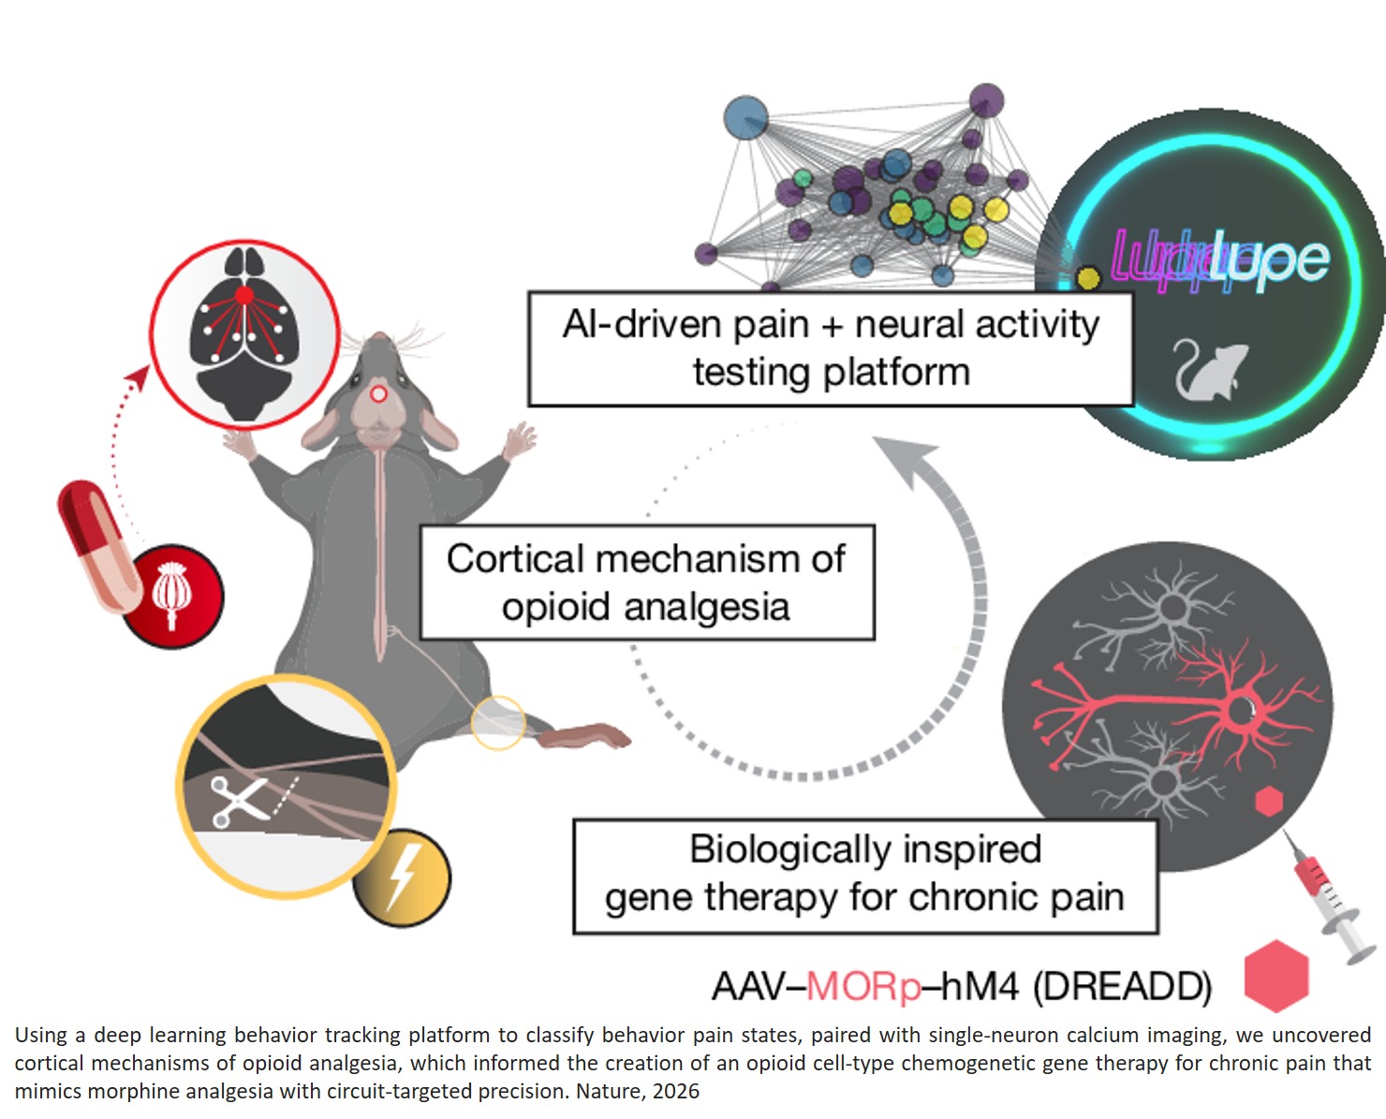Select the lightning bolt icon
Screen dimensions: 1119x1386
click(x=402, y=878)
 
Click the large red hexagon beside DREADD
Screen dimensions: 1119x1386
click(x=1275, y=977)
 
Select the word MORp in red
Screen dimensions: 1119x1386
click(x=863, y=987)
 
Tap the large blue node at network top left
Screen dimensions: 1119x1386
click(x=746, y=119)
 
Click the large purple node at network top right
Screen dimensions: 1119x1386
click(x=986, y=100)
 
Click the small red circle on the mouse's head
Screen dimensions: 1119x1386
click(x=378, y=394)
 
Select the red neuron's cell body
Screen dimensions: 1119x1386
click(x=1242, y=711)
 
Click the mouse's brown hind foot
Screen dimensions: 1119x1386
click(x=586, y=736)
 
